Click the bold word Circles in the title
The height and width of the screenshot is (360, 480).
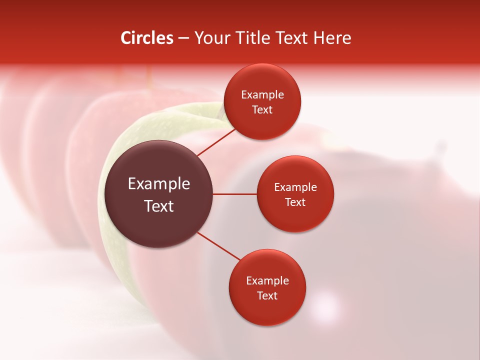pyautogui.click(x=146, y=38)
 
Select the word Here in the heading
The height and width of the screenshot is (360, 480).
pyautogui.click(x=332, y=38)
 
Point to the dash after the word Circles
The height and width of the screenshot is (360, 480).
pyautogui.click(x=183, y=38)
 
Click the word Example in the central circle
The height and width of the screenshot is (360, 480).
pyautogui.click(x=159, y=184)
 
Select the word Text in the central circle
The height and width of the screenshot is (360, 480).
pyautogui.click(x=159, y=206)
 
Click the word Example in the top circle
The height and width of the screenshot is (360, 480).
pyautogui.click(x=262, y=95)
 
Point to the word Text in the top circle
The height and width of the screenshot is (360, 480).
pyautogui.click(x=262, y=110)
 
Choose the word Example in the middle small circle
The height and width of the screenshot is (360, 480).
pyautogui.click(x=295, y=187)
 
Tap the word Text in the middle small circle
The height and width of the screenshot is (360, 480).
pyautogui.click(x=295, y=202)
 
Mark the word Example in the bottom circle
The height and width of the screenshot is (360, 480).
pyautogui.click(x=267, y=281)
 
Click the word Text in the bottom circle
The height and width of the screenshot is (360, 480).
pyautogui.click(x=267, y=296)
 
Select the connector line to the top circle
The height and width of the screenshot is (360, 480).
pyautogui.click(x=217, y=142)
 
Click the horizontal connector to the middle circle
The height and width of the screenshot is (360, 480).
pyautogui.click(x=235, y=194)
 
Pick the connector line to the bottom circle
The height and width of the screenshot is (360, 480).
pyautogui.click(x=218, y=245)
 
